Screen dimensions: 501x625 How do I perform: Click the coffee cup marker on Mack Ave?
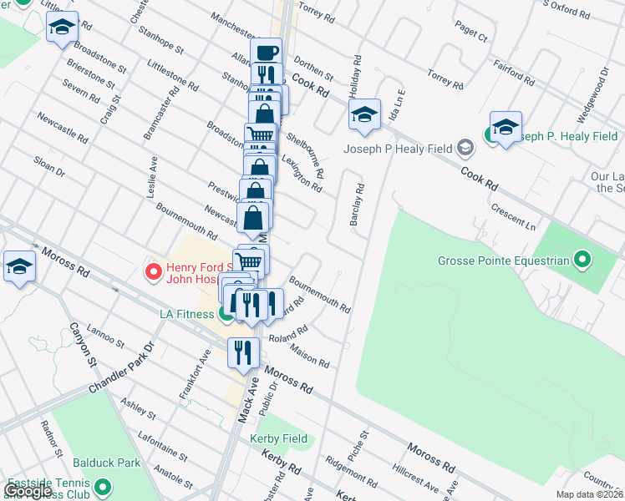pos(267,53)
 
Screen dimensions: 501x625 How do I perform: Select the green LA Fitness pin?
pos(226,314)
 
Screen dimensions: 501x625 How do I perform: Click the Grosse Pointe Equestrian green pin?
pos(584,261)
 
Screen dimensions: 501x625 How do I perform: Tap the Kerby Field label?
pos(278,438)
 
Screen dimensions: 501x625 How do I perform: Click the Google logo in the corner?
pos(29,491)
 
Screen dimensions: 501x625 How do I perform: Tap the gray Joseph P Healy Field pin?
pos(465,149)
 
